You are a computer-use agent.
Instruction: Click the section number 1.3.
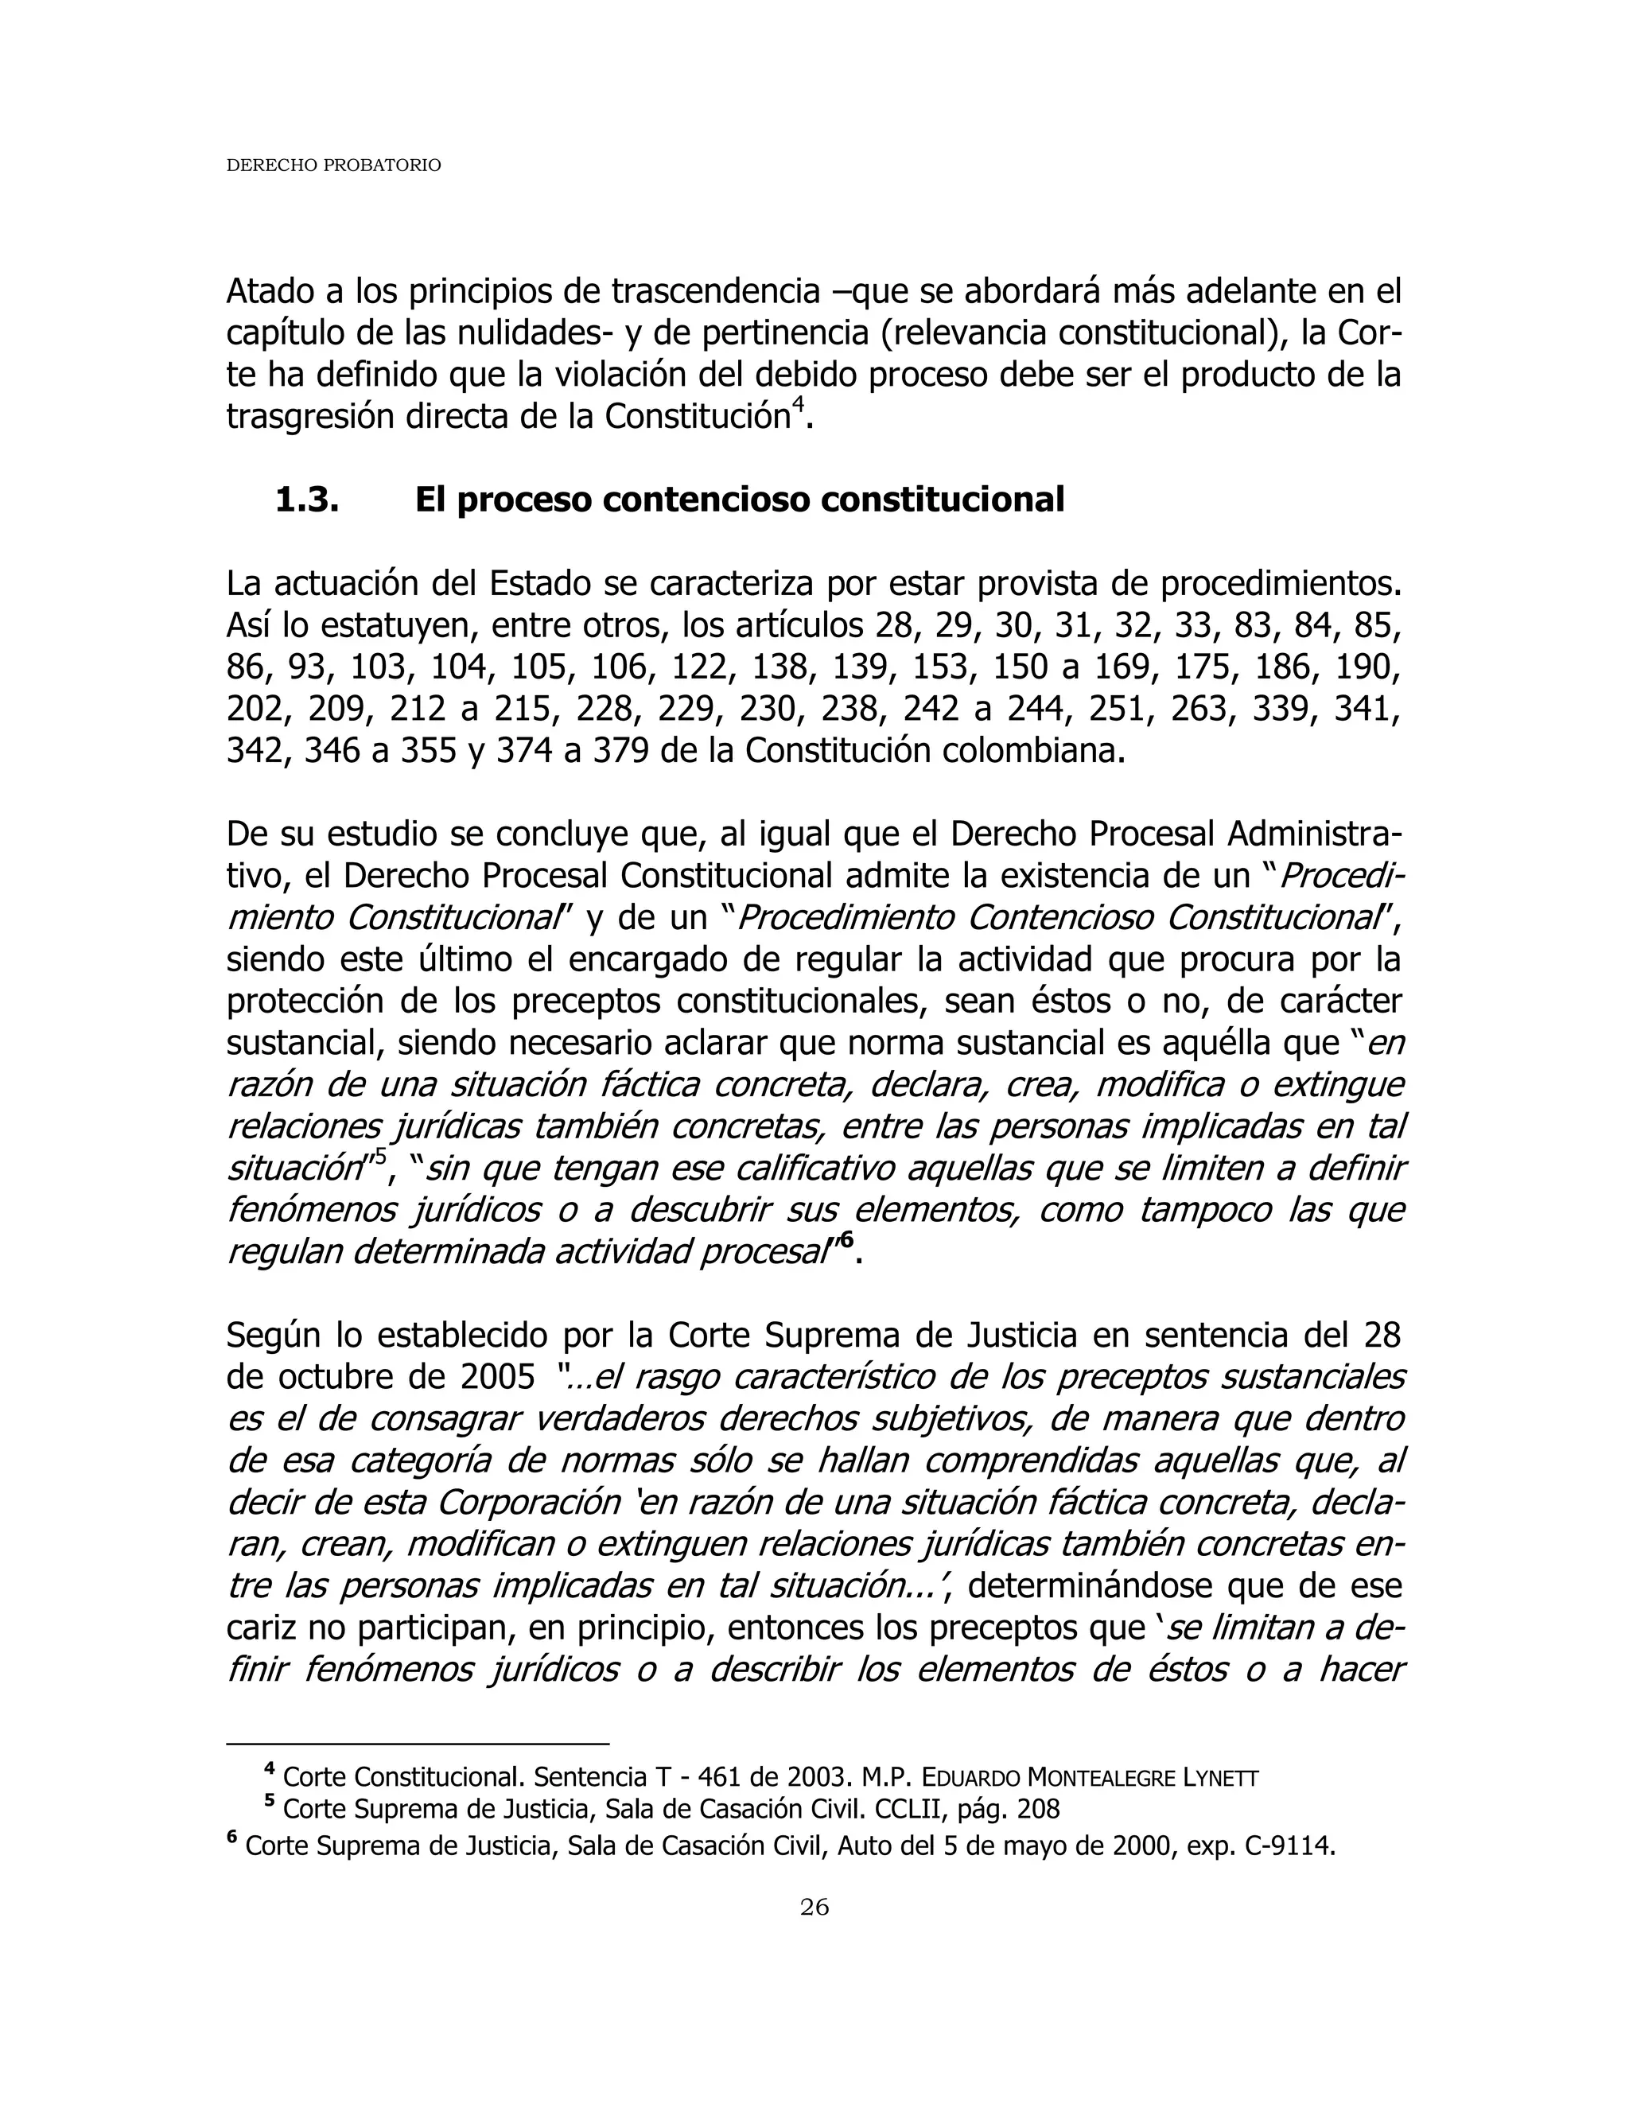[x=306, y=500]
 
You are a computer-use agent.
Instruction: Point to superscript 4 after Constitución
[x=798, y=407]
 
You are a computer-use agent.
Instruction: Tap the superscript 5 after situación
[x=379, y=1155]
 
